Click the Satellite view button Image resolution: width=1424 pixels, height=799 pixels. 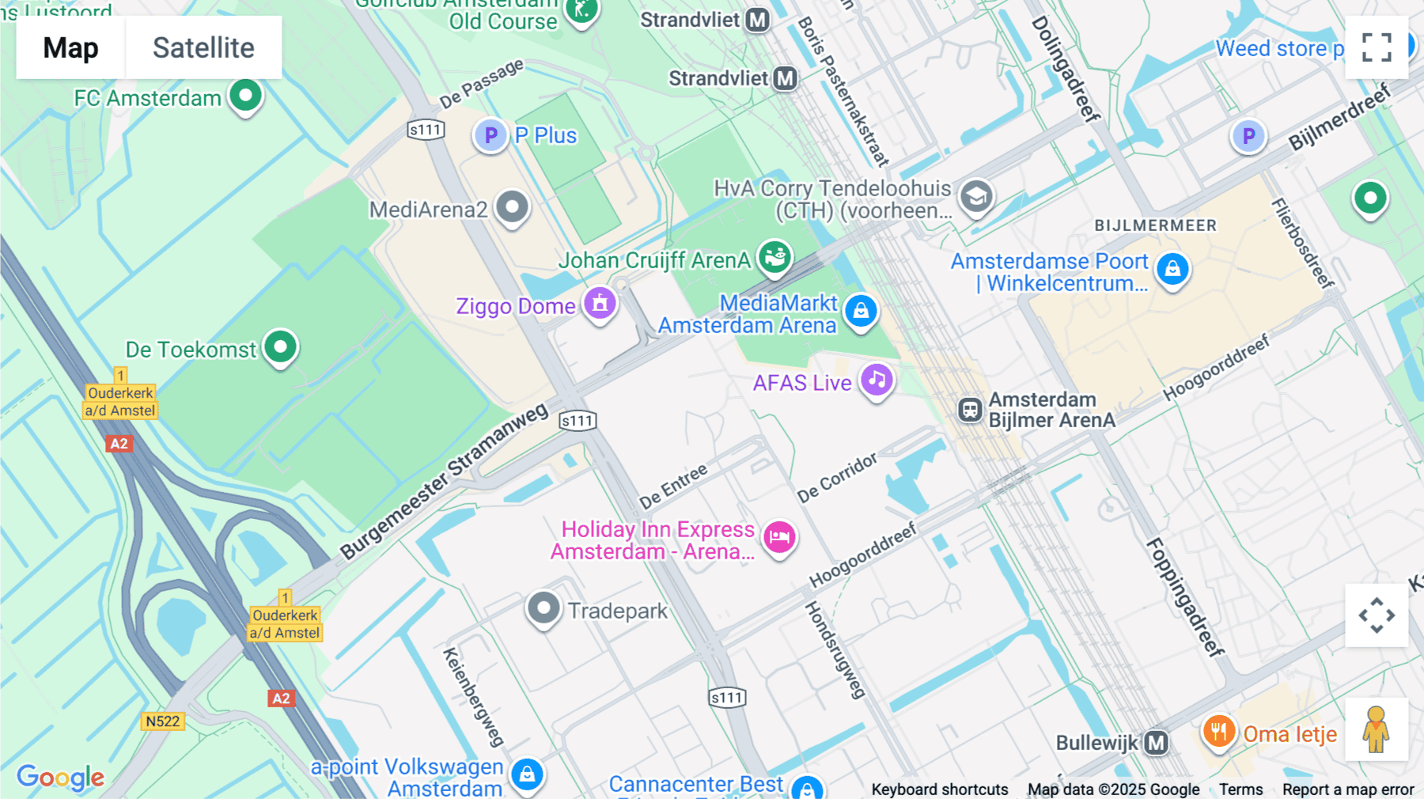coord(203,47)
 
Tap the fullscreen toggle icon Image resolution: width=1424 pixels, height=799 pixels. coord(1377,47)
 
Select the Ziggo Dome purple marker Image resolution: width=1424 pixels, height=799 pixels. coord(600,303)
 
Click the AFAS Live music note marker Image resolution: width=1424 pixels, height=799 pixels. coord(877,380)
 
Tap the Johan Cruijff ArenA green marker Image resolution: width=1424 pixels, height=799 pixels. coord(774,256)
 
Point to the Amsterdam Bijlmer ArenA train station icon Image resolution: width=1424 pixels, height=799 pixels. coord(970,410)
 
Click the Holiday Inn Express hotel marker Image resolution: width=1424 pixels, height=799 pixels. coord(779,537)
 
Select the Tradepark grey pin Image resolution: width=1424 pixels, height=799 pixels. coord(543,608)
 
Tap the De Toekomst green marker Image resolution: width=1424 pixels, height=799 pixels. coord(280,346)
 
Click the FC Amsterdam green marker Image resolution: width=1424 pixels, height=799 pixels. coord(245,96)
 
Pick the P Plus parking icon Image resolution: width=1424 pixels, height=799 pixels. coord(490,135)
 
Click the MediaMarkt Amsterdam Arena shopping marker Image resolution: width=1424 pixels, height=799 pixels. coord(861,310)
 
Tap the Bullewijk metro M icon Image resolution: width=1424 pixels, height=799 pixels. coord(1157,742)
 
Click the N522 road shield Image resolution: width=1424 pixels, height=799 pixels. coord(162,721)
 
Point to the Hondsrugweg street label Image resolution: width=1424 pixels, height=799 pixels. coord(835,650)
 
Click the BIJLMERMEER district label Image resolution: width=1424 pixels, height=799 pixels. coord(1155,225)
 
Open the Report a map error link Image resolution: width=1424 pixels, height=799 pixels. coord(1347,789)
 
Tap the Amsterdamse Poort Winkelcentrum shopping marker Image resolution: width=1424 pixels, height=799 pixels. coord(1172,268)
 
